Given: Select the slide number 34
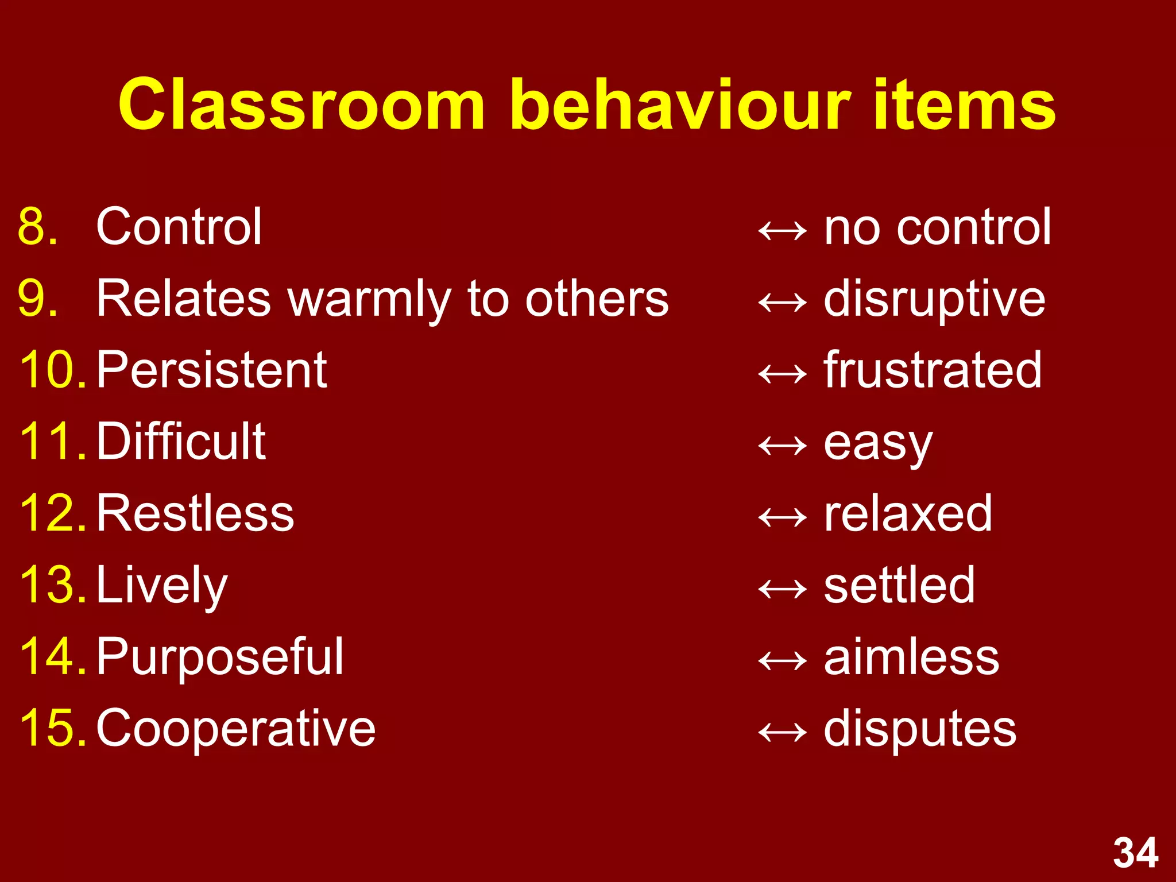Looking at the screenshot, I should tap(1135, 853).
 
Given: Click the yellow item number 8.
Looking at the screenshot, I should tap(38, 227).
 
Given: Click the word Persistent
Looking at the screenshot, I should tap(211, 370).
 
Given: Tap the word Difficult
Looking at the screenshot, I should tap(181, 442).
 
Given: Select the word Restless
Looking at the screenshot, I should tap(195, 513).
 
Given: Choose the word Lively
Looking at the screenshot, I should tap(162, 586).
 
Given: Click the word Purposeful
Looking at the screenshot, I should tap(220, 657).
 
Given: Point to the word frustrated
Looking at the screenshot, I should tap(933, 370).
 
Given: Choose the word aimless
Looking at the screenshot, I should tap(911, 657).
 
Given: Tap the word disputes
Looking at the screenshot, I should tap(920, 729).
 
